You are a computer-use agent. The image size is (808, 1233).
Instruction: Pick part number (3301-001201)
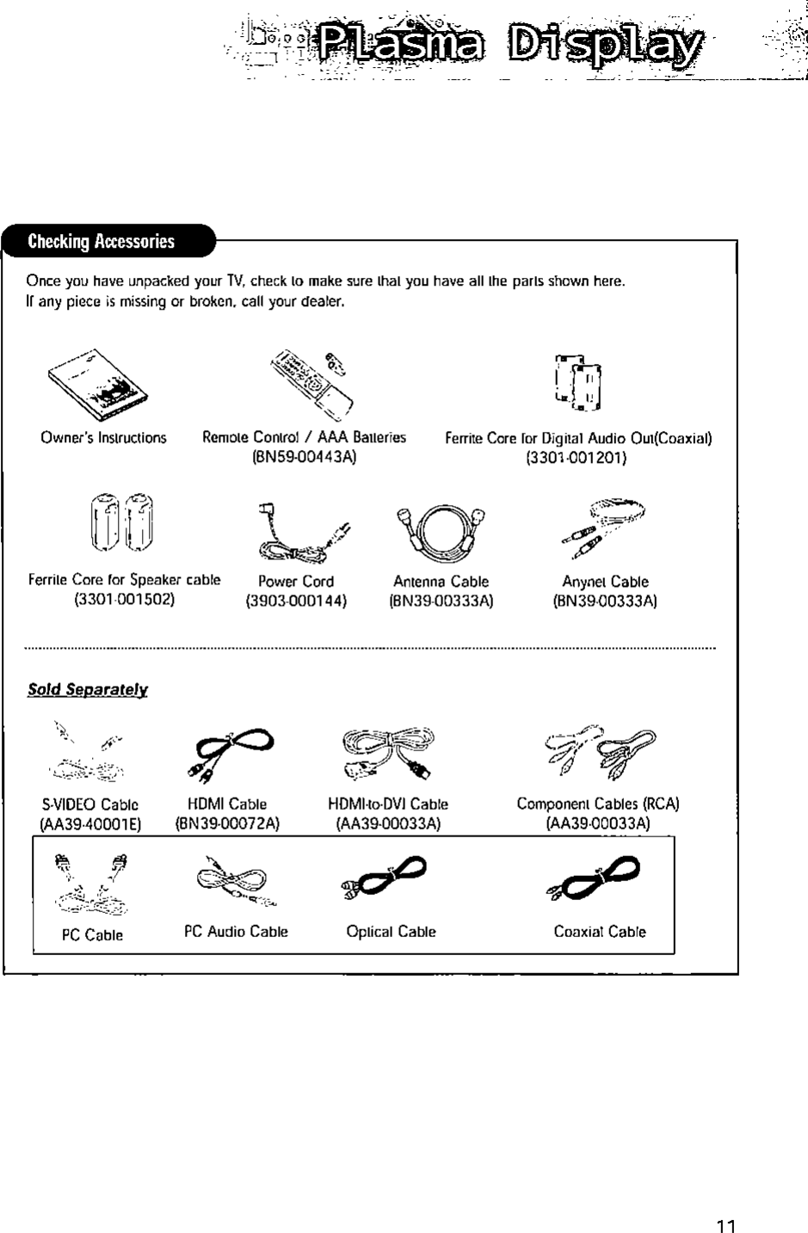(577, 458)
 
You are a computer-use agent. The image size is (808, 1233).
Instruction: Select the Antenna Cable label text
(441, 582)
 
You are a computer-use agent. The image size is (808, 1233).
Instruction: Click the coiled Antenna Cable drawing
(441, 529)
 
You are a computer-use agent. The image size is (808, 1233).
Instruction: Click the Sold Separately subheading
(88, 690)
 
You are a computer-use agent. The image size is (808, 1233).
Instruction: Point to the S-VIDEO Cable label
(90, 805)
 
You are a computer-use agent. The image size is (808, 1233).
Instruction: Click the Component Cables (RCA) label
(598, 805)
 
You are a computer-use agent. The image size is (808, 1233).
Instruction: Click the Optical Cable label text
(391, 932)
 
